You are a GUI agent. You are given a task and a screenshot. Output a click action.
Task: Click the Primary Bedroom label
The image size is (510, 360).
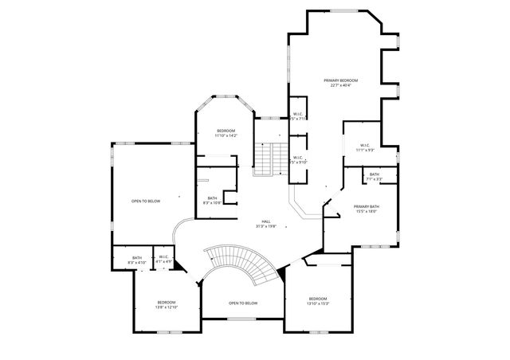tap(340, 80)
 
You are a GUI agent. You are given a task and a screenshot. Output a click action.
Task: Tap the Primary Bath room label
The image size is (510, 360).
tap(367, 207)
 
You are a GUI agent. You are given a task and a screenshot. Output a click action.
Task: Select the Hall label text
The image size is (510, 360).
tap(265, 221)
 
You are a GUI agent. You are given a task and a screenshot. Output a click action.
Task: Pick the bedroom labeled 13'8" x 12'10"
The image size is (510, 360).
tap(167, 302)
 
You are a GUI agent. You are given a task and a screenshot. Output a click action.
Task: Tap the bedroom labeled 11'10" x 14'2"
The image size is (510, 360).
tap(226, 131)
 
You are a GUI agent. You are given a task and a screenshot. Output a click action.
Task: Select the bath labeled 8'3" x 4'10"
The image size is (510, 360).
tap(137, 257)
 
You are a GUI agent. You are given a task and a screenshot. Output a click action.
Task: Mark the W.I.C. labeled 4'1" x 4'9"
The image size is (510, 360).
tap(163, 257)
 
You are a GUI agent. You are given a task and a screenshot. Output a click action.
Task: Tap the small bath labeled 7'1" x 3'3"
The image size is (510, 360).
tap(375, 174)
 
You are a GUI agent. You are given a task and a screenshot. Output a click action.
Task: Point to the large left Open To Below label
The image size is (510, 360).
tap(146, 201)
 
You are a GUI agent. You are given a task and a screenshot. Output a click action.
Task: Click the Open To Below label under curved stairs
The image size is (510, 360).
tap(243, 303)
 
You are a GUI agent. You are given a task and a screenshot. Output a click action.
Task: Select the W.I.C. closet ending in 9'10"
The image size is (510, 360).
tap(297, 158)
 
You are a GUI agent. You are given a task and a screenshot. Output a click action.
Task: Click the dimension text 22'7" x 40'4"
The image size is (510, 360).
tap(340, 86)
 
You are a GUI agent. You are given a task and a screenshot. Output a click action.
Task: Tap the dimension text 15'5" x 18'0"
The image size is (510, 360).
tap(367, 212)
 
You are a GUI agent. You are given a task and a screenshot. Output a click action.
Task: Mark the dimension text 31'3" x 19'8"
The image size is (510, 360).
tap(265, 226)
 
